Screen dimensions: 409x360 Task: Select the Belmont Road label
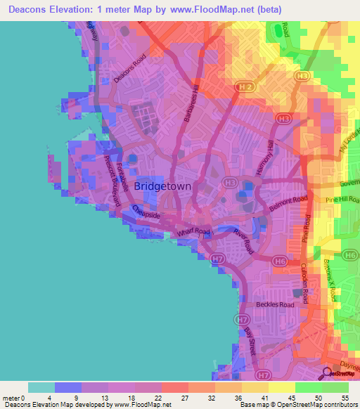(288, 204)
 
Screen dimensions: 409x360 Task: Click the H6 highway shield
(279, 262)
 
